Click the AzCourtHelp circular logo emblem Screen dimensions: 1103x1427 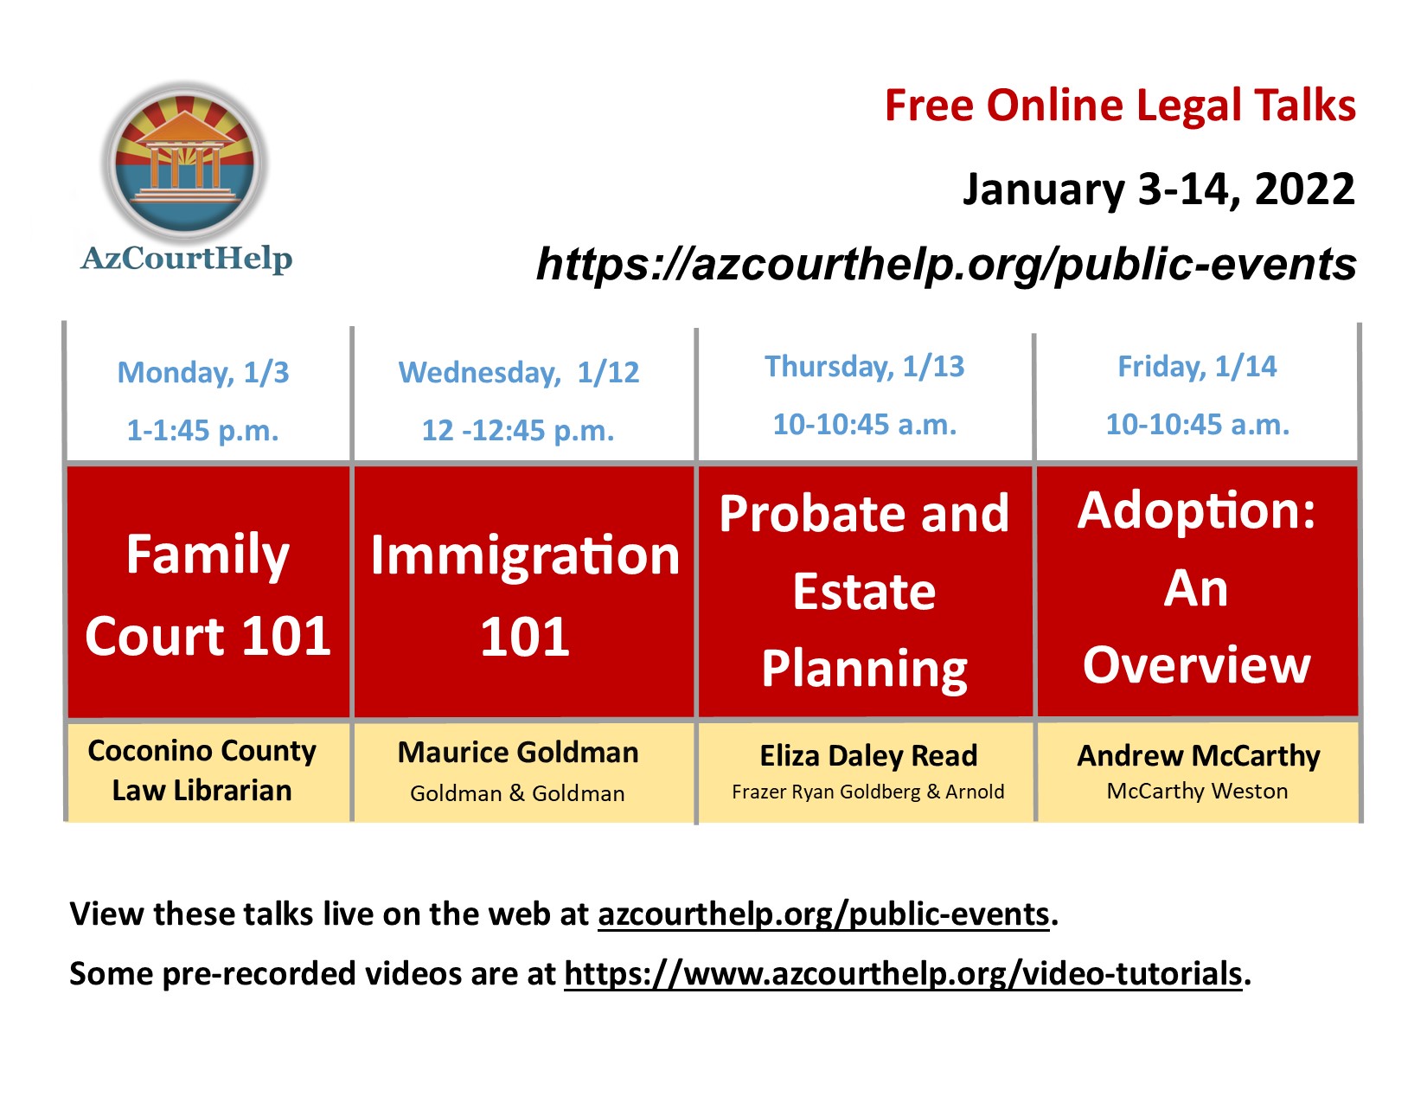[185, 163]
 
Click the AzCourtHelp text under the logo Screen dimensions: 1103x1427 [187, 258]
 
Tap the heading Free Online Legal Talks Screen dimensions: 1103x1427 [1119, 106]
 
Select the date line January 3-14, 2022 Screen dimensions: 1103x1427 [1158, 189]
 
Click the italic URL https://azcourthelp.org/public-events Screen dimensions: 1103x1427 [946, 264]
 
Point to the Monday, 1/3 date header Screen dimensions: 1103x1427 [203, 373]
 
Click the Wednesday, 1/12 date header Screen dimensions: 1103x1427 [518, 373]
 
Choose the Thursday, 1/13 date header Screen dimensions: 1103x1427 [864, 367]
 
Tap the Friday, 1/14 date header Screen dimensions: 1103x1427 [1197, 367]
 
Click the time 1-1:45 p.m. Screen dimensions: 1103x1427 [203, 431]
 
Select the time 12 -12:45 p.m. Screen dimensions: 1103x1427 [518, 431]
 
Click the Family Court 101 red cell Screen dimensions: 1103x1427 [208, 593]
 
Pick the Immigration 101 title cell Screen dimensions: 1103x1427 [524, 593]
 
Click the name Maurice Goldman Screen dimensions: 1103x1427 [518, 753]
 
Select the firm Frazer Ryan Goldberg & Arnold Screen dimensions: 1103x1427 [867, 792]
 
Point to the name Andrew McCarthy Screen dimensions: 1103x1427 [1198, 756]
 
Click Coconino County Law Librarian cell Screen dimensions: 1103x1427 [202, 771]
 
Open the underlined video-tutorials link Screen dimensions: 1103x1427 [903, 974]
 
